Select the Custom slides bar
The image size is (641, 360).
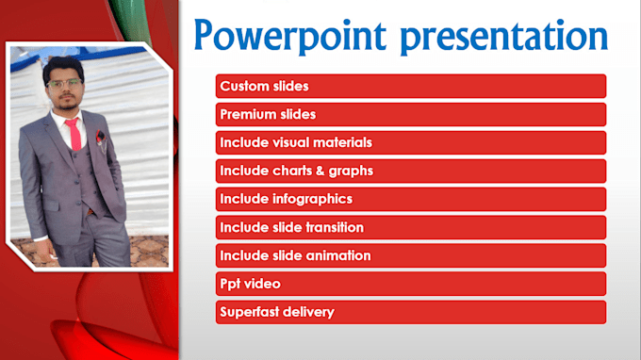410,87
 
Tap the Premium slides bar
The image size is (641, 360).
410,115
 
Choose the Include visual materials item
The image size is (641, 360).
410,143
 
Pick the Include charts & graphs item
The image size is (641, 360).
410,172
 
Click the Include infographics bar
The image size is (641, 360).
410,200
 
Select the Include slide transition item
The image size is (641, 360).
410,228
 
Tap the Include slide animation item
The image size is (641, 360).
410,255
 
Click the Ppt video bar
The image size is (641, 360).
410,284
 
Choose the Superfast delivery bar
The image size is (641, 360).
410,312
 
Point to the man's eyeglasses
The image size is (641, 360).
64,85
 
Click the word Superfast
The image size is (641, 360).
250,312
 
